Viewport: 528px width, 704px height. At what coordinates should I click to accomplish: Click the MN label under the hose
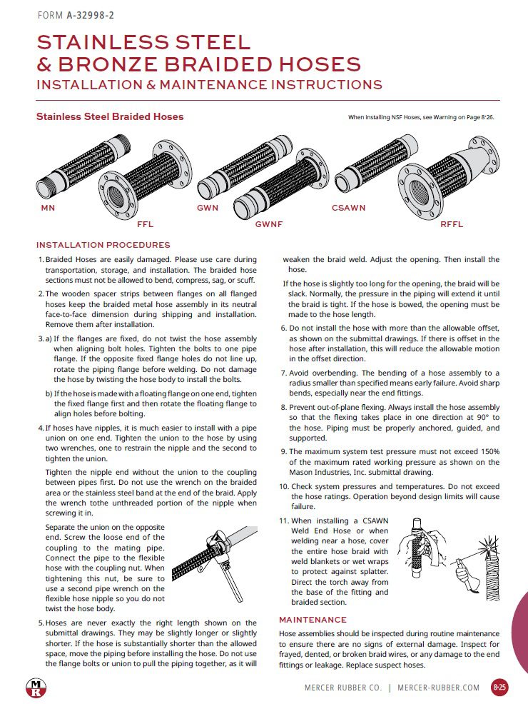tap(46, 208)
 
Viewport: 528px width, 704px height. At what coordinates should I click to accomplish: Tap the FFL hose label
tap(145, 224)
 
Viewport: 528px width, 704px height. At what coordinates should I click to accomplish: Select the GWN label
tap(208, 208)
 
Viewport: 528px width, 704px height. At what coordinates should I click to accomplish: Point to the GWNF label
tap(269, 224)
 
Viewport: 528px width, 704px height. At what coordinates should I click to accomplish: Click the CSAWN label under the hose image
tap(348, 208)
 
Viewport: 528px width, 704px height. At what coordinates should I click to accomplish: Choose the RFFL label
tap(452, 224)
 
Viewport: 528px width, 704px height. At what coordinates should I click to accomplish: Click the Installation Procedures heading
tap(103, 245)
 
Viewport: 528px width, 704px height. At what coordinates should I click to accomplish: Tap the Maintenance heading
tap(313, 620)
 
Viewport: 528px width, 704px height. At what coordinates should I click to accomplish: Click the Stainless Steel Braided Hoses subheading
tap(110, 116)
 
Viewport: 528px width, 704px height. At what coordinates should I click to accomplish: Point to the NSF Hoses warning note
tap(420, 117)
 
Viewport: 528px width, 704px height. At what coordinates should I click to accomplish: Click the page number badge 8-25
tap(500, 688)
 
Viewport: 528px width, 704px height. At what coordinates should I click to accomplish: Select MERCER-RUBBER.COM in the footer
tap(439, 688)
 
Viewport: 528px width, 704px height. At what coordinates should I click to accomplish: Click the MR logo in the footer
tap(34, 688)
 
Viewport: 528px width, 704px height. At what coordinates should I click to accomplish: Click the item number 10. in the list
tap(283, 486)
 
